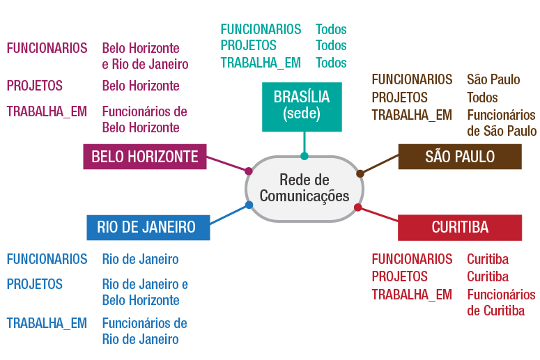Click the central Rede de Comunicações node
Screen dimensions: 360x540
click(x=304, y=188)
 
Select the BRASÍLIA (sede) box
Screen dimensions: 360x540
click(x=302, y=106)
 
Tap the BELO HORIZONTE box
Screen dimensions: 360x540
click(x=145, y=157)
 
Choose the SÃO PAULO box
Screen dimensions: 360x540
click(x=460, y=157)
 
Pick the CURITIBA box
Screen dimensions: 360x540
click(x=460, y=227)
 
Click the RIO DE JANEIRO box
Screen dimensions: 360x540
click(x=146, y=227)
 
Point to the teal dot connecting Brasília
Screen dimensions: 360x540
click(x=304, y=156)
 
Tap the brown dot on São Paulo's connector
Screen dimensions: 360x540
click(x=360, y=173)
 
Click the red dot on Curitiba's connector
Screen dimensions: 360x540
click(x=358, y=208)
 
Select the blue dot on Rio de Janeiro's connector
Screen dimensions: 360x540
click(x=249, y=205)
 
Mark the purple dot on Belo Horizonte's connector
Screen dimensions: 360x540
click(x=248, y=171)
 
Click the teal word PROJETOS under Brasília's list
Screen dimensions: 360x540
click(x=249, y=46)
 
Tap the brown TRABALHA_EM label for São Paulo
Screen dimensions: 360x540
click(x=412, y=115)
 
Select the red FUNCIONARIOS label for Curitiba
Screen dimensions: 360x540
click(x=412, y=259)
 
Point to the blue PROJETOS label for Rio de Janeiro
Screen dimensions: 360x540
click(x=35, y=284)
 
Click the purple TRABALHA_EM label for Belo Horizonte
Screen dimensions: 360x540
click(x=47, y=111)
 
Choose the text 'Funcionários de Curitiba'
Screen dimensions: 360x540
click(x=500, y=302)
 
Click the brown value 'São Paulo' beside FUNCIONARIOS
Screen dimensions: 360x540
click(x=493, y=79)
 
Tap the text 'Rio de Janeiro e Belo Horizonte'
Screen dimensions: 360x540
click(x=145, y=292)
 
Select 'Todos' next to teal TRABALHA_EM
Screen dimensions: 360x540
click(x=331, y=63)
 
